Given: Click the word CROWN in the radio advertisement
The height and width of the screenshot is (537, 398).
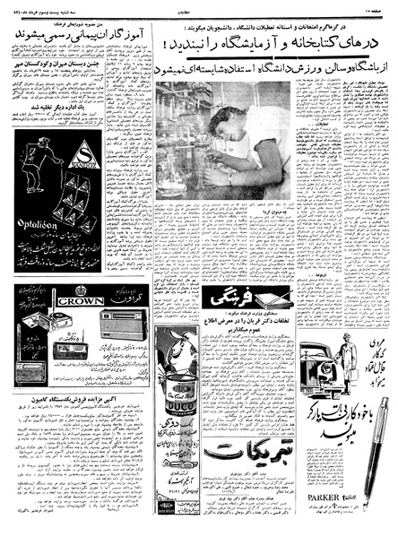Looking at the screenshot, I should (x=80, y=301).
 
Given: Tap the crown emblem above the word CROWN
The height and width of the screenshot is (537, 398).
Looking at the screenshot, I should (x=81, y=290).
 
